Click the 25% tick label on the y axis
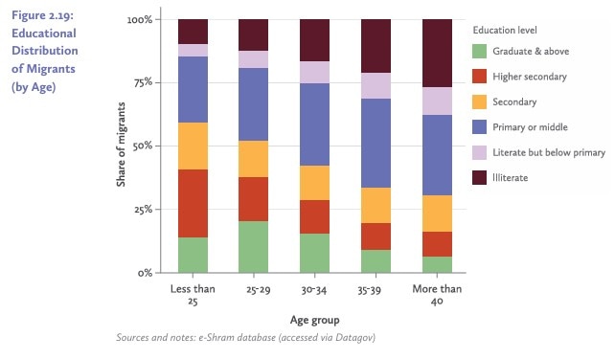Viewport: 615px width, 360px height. (139, 210)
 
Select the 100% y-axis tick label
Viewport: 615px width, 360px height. (137, 19)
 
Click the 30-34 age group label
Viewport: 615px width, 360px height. (315, 289)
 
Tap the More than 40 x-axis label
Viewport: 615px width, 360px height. (437, 295)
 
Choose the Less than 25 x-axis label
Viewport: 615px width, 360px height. (194, 295)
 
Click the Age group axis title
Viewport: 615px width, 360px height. (315, 320)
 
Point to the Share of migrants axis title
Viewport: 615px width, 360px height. (122, 146)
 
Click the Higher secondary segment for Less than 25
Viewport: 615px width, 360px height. (194, 203)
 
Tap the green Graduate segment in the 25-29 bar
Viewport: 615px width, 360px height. (254, 247)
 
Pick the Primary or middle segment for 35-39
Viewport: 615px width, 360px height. (376, 144)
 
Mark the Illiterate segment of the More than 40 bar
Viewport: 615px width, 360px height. (437, 54)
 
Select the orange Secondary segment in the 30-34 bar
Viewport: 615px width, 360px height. (315, 183)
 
